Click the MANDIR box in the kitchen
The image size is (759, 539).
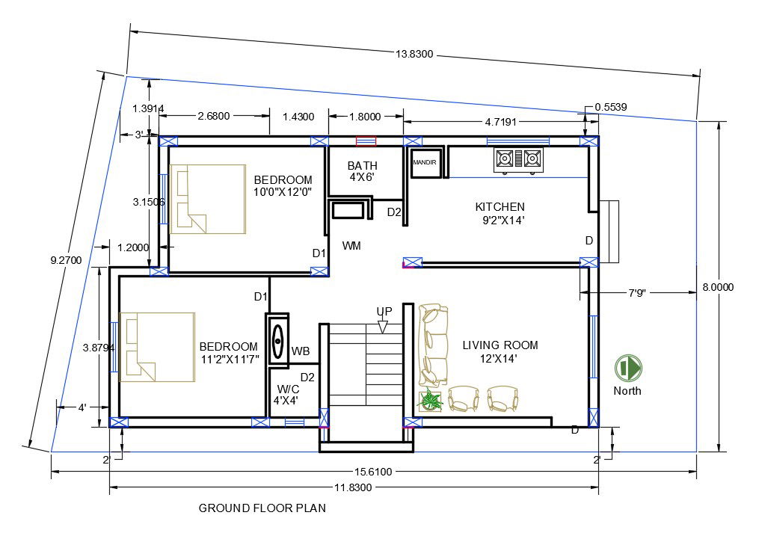[x=424, y=163]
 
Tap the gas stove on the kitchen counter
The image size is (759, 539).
[x=517, y=158]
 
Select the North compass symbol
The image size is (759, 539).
[x=628, y=367]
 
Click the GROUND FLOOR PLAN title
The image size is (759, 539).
[x=262, y=508]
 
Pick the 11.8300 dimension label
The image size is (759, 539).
[x=354, y=487]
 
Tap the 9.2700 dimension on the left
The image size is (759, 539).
[x=66, y=260]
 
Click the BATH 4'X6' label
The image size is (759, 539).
[x=363, y=171]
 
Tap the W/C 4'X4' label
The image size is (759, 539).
[x=288, y=394]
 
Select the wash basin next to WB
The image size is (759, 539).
[x=277, y=340]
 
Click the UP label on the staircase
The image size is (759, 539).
[x=384, y=311]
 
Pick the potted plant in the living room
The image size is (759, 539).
[x=431, y=401]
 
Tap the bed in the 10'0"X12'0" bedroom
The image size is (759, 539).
[x=208, y=199]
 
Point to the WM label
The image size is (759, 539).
[x=352, y=245]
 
